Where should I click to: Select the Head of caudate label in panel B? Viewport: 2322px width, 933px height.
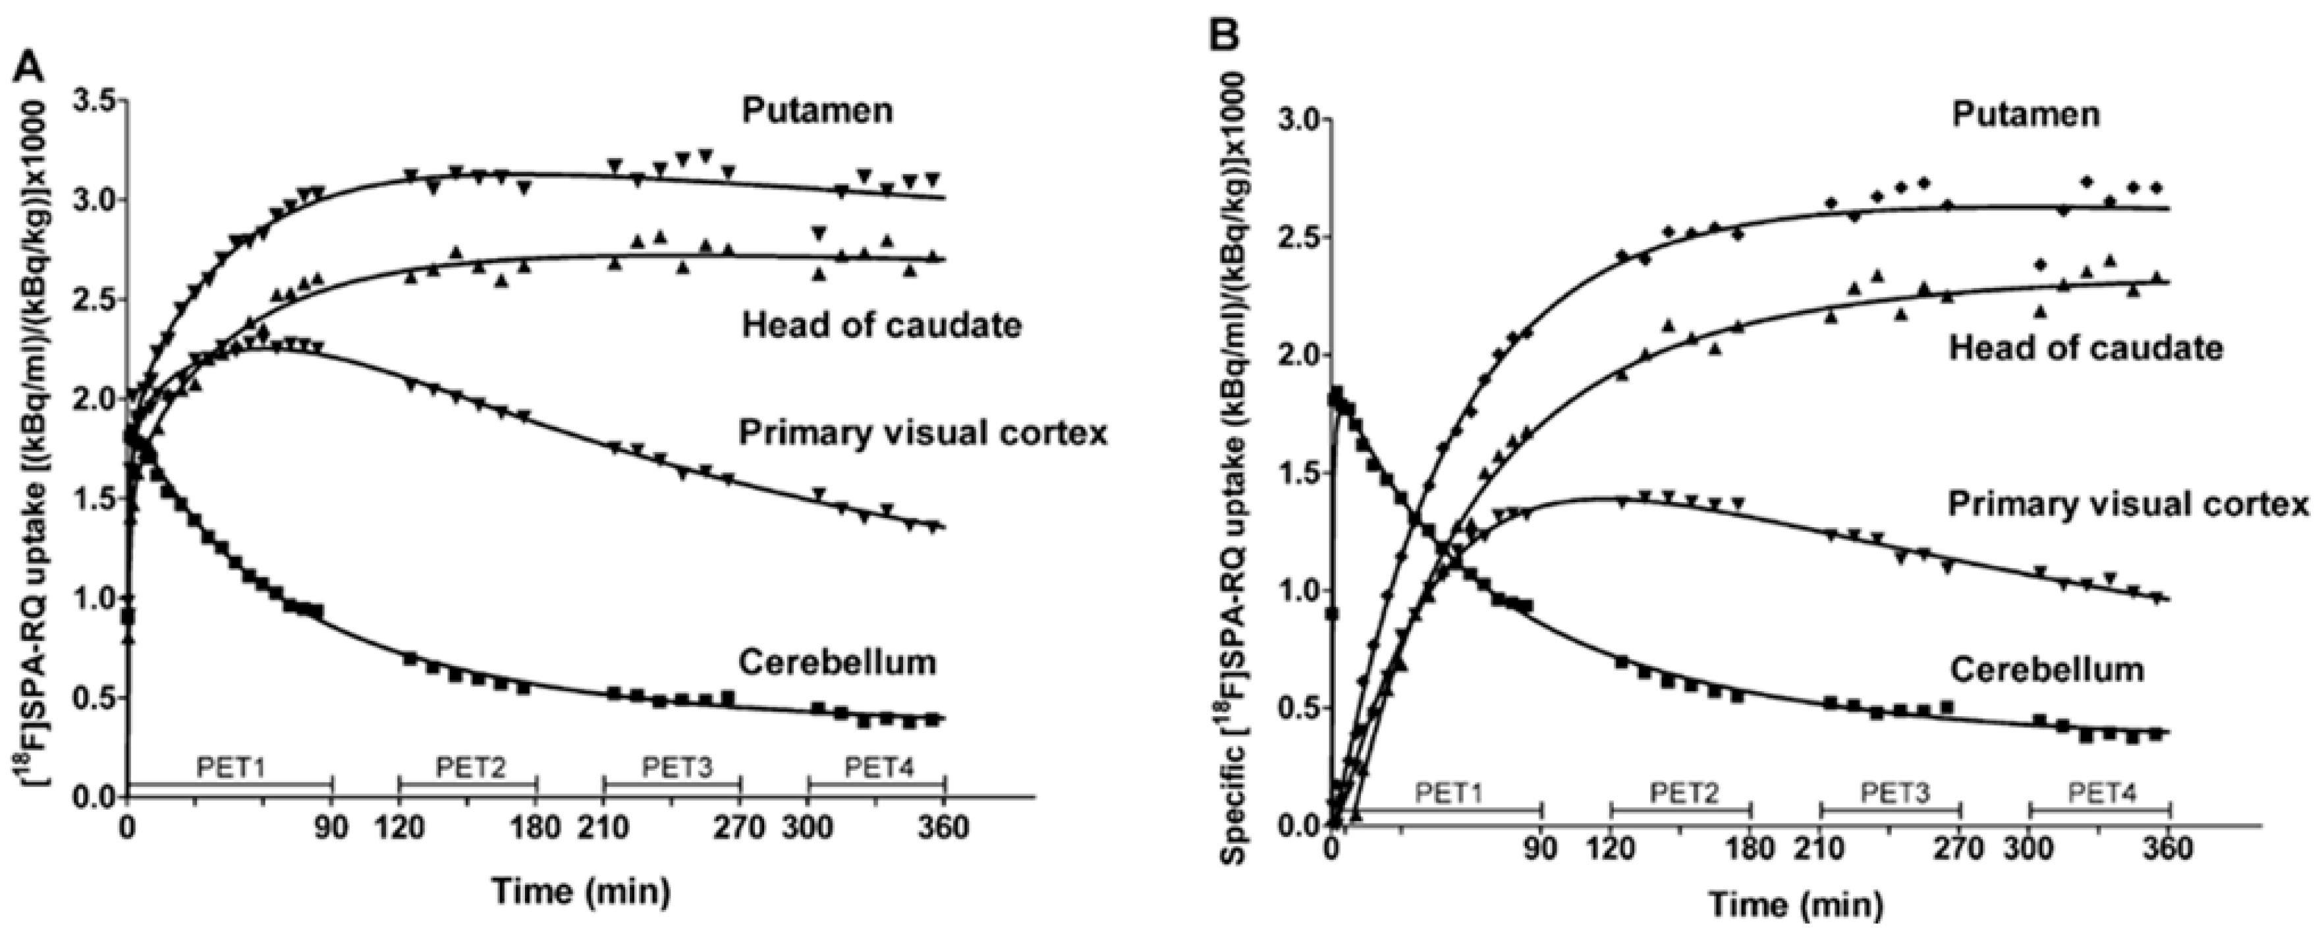[x=2086, y=348]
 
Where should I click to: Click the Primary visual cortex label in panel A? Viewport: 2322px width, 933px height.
[x=922, y=434]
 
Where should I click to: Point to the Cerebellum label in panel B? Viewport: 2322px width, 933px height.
[x=2046, y=670]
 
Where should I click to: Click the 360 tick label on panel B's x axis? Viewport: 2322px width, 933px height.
[x=2168, y=849]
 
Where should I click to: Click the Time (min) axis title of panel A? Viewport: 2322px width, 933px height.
[x=580, y=891]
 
